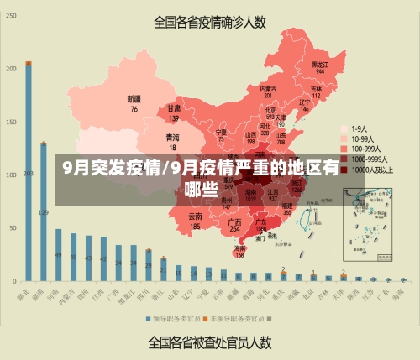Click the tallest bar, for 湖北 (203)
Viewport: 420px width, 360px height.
tap(29, 172)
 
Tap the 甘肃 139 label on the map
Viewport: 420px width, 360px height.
tap(174, 113)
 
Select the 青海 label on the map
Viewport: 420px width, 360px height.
tap(172, 139)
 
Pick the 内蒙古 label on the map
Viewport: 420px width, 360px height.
tap(268, 91)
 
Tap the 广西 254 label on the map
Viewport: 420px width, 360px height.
tap(235, 225)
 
